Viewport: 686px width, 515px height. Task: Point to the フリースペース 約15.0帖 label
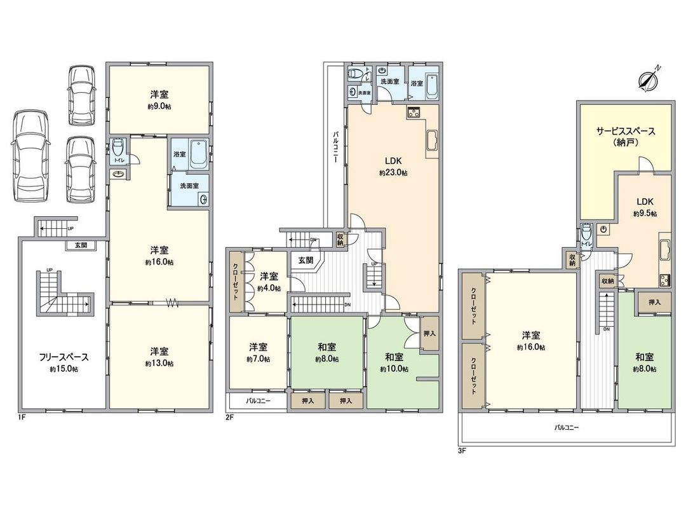click(63, 362)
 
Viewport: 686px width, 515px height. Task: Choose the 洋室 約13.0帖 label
click(159, 357)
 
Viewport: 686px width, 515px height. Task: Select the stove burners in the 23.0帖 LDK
click(414, 113)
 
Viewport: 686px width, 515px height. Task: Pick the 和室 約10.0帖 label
click(394, 362)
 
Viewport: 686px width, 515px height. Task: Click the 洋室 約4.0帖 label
click(269, 282)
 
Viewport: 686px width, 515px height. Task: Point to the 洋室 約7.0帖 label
click(259, 352)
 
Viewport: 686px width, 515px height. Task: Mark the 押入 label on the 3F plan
click(654, 302)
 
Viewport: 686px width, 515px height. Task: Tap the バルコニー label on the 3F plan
click(567, 428)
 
